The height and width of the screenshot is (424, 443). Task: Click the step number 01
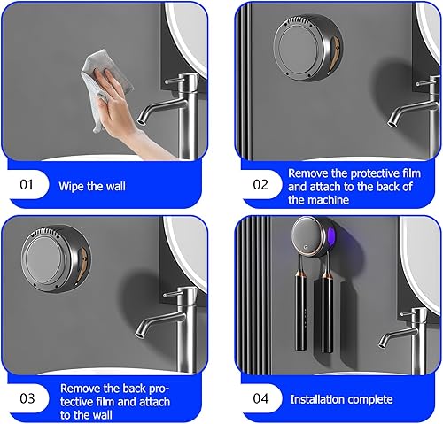27,185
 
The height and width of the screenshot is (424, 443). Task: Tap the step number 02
260,185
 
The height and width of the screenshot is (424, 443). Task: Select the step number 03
27,398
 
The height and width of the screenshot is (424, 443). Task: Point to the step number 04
260,398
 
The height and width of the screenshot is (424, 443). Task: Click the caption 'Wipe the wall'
92,187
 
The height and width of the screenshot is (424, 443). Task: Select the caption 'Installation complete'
341,399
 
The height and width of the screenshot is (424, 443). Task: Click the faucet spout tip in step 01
141,121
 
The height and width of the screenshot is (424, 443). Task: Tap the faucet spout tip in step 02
392,123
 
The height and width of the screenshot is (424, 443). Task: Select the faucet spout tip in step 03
139,334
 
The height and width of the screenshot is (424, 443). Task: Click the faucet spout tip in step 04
383,343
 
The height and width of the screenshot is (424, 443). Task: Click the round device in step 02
307,48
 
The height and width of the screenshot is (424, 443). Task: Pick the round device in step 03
56,258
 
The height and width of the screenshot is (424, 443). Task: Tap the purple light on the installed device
330,235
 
